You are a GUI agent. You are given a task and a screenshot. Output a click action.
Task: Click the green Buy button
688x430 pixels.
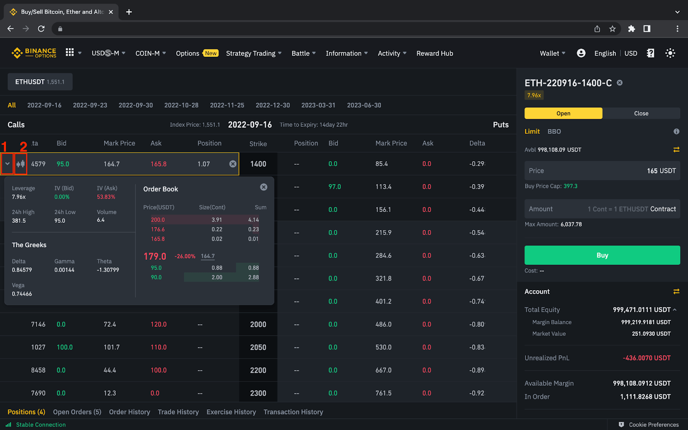click(602, 255)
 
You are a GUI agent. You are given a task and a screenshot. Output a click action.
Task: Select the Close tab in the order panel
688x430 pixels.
click(641, 114)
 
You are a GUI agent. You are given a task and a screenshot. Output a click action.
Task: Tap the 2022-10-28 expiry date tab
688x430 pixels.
click(181, 105)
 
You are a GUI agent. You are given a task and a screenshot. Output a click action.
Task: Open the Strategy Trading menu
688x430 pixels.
click(253, 53)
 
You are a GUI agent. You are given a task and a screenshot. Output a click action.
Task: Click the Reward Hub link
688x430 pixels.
click(434, 53)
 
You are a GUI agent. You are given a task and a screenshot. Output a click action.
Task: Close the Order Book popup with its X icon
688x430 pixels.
click(264, 187)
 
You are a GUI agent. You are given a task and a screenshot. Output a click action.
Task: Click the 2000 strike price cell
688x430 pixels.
click(258, 325)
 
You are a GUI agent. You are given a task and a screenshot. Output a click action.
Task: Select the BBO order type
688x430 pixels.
click(554, 132)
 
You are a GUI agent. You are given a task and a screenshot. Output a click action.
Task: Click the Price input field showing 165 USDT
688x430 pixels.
click(602, 171)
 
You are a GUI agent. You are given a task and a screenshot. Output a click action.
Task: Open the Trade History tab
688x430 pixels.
click(178, 412)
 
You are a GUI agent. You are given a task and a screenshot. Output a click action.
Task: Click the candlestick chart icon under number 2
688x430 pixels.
click(21, 164)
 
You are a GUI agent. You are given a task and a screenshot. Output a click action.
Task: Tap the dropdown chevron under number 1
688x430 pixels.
click(7, 164)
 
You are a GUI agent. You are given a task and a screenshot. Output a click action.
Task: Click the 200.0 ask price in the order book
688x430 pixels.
click(158, 220)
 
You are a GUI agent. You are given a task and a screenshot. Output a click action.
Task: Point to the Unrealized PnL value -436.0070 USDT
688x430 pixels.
click(646, 358)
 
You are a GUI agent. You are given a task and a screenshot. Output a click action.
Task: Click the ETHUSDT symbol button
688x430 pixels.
click(40, 82)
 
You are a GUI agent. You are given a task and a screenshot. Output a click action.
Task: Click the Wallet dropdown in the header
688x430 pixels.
click(552, 53)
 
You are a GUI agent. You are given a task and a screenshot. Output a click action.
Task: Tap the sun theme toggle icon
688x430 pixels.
click(670, 53)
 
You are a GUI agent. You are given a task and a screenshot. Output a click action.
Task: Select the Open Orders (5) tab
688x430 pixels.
click(77, 412)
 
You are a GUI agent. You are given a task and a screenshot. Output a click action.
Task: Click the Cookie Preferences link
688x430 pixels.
click(653, 425)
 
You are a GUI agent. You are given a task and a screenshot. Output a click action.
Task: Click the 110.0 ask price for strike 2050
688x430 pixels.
click(158, 347)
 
